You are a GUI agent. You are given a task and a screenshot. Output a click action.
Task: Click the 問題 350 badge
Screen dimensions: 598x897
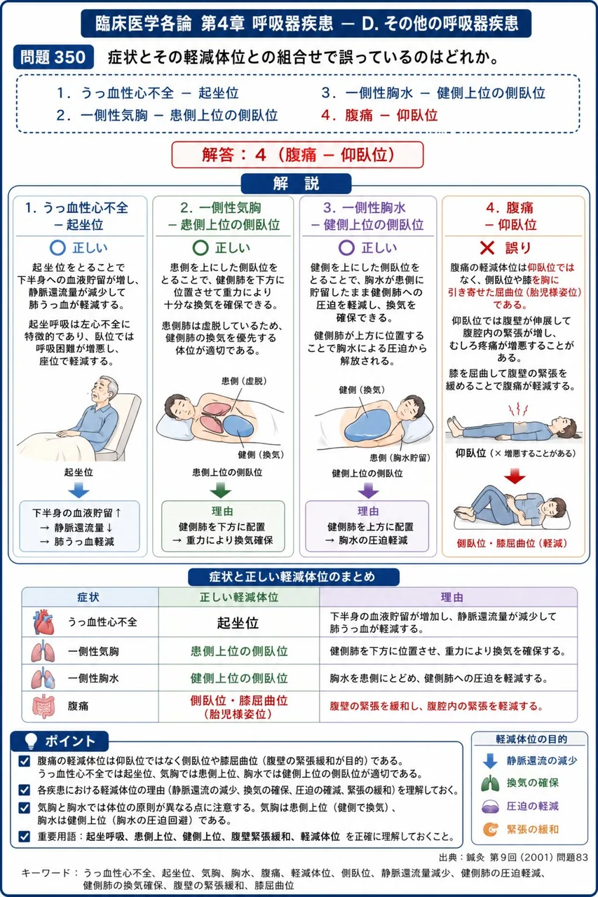(53, 57)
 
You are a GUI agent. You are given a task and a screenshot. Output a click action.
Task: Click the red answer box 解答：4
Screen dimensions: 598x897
(297, 155)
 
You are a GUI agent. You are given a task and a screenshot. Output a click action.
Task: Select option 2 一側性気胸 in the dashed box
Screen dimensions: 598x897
(167, 116)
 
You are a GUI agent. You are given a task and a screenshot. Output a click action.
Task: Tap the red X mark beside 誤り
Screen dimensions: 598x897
(487, 248)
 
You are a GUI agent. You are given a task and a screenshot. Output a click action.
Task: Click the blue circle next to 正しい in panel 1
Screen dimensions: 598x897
(57, 248)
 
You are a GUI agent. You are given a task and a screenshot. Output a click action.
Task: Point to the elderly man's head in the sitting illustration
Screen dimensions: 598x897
(105, 390)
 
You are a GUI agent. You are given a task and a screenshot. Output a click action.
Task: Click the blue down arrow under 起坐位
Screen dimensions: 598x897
(79, 490)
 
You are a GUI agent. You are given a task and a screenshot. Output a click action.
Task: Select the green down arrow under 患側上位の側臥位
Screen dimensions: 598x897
(221, 490)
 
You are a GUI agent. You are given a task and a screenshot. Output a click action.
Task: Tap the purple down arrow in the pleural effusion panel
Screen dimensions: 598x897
(368, 490)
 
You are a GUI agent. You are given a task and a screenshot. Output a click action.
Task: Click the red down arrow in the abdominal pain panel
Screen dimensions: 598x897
(515, 476)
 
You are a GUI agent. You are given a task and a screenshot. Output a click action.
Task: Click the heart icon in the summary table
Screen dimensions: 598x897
(43, 622)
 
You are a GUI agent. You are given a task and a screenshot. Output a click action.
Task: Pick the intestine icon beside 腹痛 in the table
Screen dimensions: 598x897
(43, 706)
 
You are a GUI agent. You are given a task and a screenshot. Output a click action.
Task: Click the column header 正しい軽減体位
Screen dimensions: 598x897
(239, 598)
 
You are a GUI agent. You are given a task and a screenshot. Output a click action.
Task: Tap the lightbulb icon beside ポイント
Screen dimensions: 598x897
(31, 741)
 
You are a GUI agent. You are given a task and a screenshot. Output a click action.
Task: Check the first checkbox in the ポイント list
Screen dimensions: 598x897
(24, 761)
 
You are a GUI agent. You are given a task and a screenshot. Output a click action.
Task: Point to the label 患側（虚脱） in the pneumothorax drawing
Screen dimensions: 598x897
(245, 381)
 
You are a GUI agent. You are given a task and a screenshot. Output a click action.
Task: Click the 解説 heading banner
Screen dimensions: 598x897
(296, 184)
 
